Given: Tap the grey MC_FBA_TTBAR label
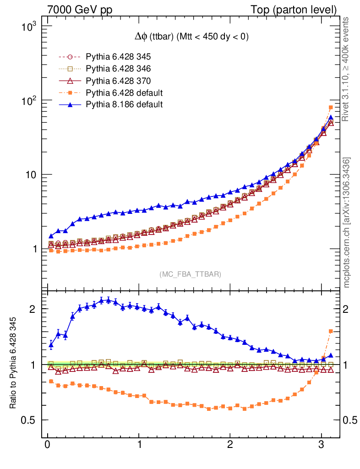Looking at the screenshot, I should (x=191, y=274).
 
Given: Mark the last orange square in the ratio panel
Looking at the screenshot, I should (x=331, y=331).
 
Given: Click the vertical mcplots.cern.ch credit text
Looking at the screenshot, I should (x=347, y=223).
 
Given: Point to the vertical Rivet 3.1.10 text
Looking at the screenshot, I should (x=347, y=69).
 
